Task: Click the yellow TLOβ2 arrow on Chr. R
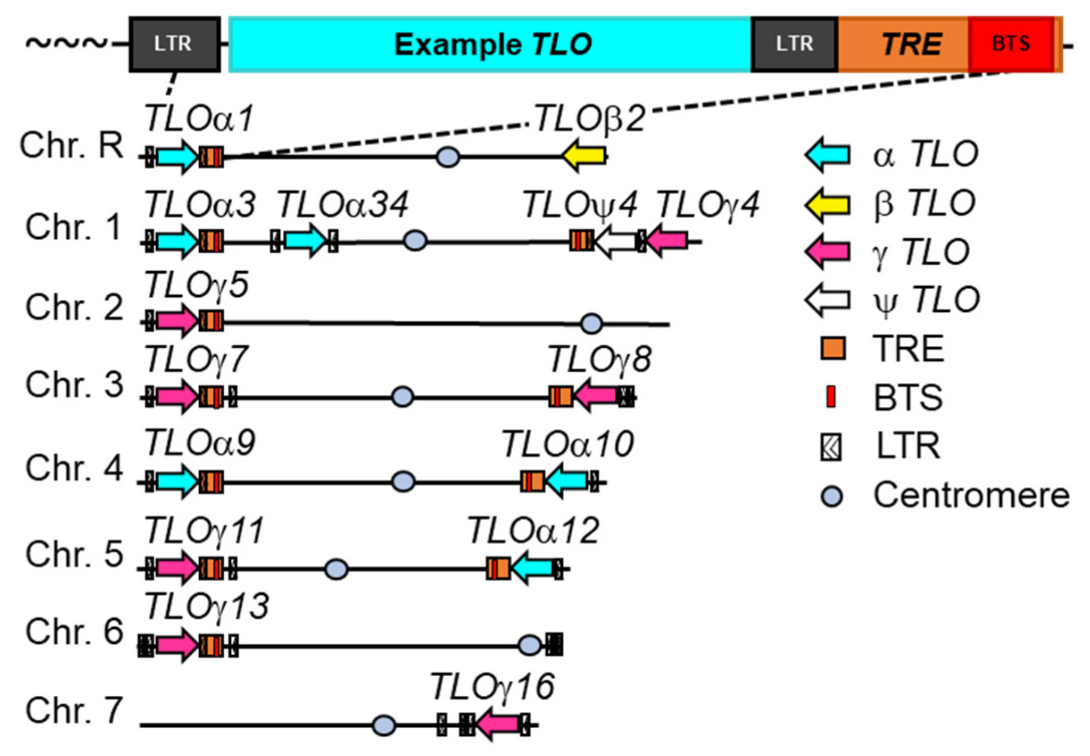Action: point(584,156)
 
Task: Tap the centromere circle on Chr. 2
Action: point(591,323)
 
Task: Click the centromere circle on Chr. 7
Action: point(384,725)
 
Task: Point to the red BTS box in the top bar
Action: point(1011,44)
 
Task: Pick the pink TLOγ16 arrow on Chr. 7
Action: point(498,724)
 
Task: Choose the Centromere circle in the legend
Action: point(832,496)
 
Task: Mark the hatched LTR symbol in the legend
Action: point(831,447)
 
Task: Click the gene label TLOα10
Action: point(567,444)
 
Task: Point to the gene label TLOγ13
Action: point(207,607)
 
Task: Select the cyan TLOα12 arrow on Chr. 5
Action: point(532,568)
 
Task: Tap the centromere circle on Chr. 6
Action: point(530,645)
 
